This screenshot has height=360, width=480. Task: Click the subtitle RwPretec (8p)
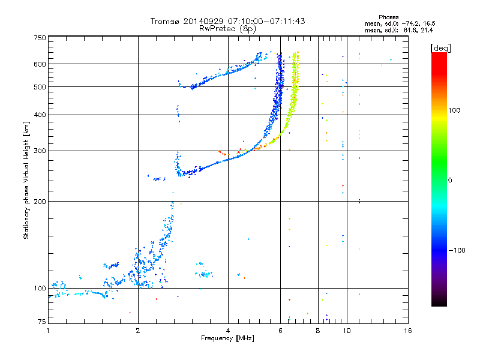(x=227, y=29)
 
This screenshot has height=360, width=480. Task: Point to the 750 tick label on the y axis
(x=40, y=38)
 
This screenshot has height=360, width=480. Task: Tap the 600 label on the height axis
(x=40, y=64)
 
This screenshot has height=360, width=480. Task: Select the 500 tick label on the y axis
(x=40, y=87)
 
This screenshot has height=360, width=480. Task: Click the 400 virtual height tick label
(x=40, y=115)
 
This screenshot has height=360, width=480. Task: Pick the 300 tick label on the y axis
(x=40, y=151)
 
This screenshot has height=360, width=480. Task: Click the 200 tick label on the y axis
(x=40, y=202)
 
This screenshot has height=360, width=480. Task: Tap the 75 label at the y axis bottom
(x=42, y=322)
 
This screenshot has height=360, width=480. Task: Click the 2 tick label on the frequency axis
(x=138, y=331)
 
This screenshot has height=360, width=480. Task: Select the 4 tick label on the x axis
(x=228, y=331)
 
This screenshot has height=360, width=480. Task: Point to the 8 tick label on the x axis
(x=318, y=331)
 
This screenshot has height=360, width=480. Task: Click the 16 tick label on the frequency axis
(x=408, y=331)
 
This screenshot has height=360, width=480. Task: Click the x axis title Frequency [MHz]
(x=227, y=338)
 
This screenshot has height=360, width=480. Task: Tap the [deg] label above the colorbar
(x=440, y=48)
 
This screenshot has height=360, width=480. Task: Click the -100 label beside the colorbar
(x=457, y=250)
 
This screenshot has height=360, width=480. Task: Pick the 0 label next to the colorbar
(x=450, y=180)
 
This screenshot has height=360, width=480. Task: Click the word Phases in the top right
(x=388, y=17)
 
